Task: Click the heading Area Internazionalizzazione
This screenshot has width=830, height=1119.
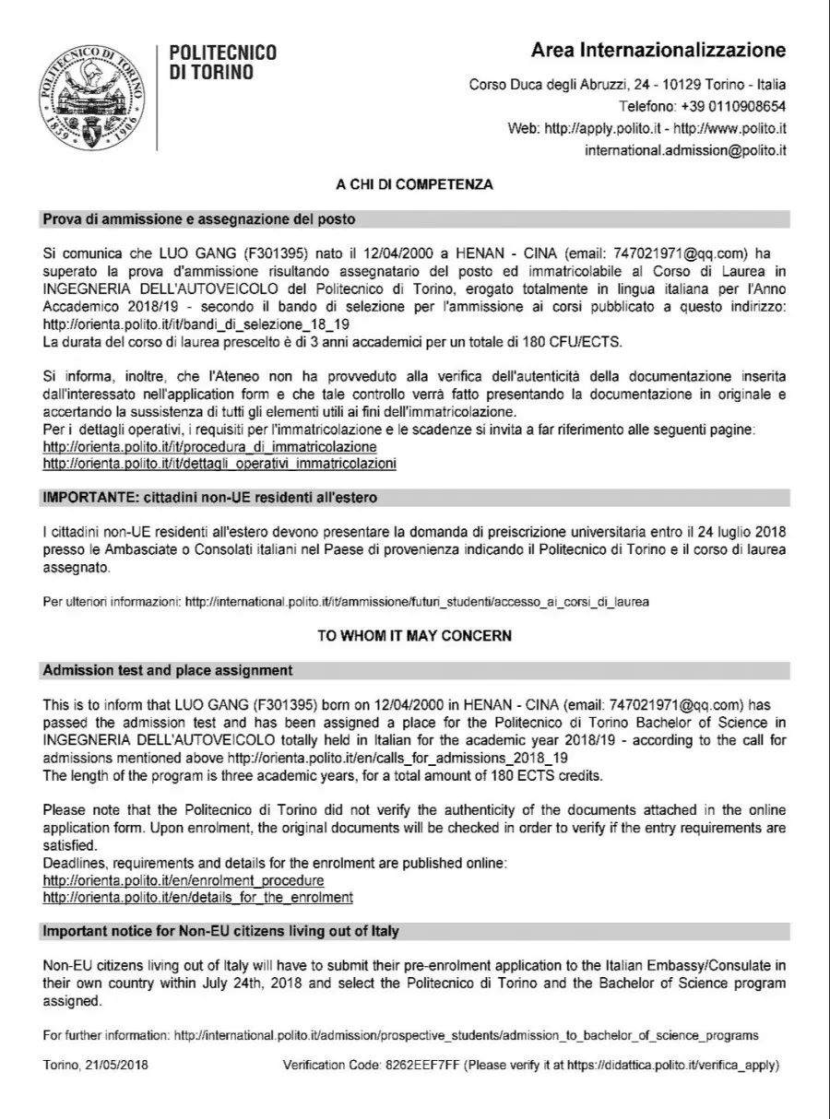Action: pos(658,50)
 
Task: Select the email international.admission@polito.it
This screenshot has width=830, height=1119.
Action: pos(685,149)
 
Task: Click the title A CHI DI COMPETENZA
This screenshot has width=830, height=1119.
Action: pos(414,184)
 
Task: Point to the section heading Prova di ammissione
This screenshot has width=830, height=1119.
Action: pos(199,219)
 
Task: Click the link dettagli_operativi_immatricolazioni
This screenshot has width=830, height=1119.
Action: pos(219,463)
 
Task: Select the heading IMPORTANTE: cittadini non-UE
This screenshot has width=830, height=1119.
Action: pos(210,498)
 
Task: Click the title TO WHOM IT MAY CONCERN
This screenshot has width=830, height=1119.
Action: pos(414,636)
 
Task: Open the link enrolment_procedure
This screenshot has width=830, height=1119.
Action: pos(184,881)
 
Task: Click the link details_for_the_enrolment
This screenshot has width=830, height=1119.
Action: pos(198,897)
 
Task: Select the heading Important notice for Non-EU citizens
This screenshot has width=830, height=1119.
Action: pos(221,931)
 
